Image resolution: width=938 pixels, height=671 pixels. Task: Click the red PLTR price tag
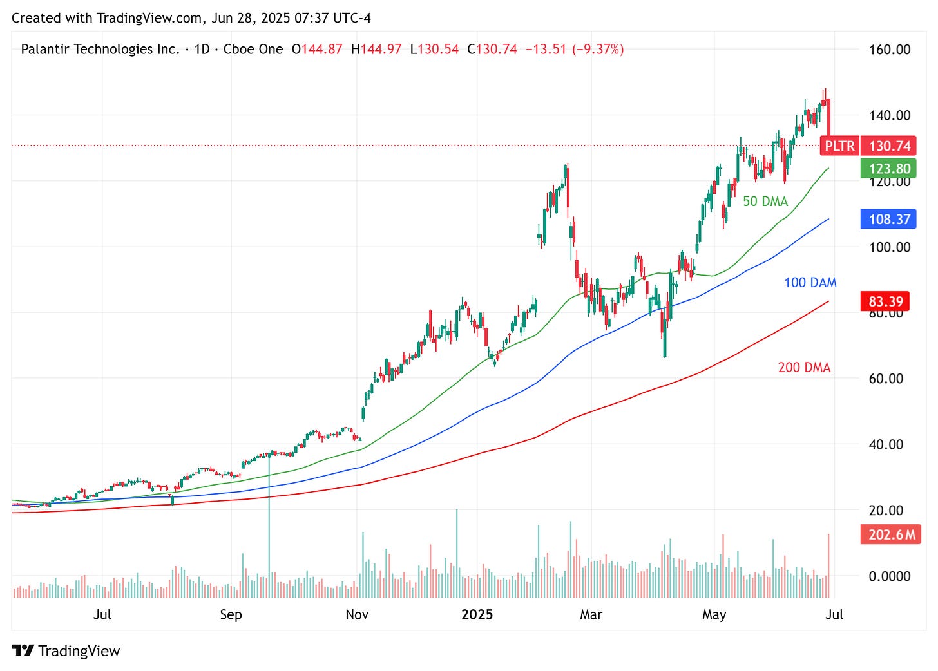(839, 146)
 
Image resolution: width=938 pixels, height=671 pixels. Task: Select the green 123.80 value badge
(888, 169)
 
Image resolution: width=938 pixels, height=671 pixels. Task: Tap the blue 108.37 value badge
(888, 219)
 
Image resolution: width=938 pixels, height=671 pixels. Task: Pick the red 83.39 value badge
(886, 301)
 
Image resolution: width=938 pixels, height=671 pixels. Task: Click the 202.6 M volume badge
(891, 534)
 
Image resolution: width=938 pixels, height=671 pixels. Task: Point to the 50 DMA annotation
(765, 202)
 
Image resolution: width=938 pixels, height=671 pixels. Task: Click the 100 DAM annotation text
(810, 283)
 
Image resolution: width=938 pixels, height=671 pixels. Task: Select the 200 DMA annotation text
(804, 368)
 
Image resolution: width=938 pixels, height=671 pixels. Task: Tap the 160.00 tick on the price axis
(889, 50)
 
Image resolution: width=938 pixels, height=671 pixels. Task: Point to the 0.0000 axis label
(889, 576)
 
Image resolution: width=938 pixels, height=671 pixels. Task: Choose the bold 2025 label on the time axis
(477, 615)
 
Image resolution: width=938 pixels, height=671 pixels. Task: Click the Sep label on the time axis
(231, 615)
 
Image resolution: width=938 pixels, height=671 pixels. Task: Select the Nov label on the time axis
(357, 615)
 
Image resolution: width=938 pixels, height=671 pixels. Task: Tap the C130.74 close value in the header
(492, 49)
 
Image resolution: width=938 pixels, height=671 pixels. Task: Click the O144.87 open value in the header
(317, 49)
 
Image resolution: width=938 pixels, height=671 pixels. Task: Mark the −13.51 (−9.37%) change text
(575, 49)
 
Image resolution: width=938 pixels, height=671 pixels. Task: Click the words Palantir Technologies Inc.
(100, 49)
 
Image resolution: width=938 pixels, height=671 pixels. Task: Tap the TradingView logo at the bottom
(66, 651)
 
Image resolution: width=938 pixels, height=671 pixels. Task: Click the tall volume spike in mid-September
(269, 515)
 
